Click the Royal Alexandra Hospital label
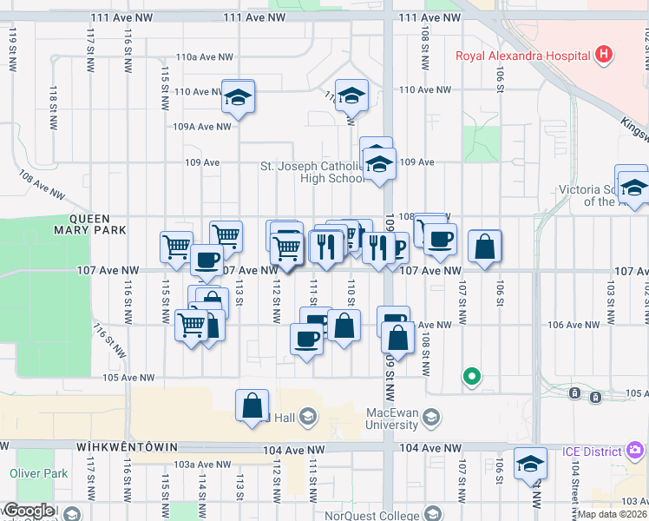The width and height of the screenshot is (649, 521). pos(523,56)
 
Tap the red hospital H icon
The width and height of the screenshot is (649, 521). pos(604,56)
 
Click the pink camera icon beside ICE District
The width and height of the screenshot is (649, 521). pos(635,450)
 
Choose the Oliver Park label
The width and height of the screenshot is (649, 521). pos(38,474)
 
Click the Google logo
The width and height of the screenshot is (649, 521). pos(28,511)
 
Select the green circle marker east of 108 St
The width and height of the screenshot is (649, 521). pos(471,377)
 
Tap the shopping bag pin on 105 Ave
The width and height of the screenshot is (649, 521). pos(252,406)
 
